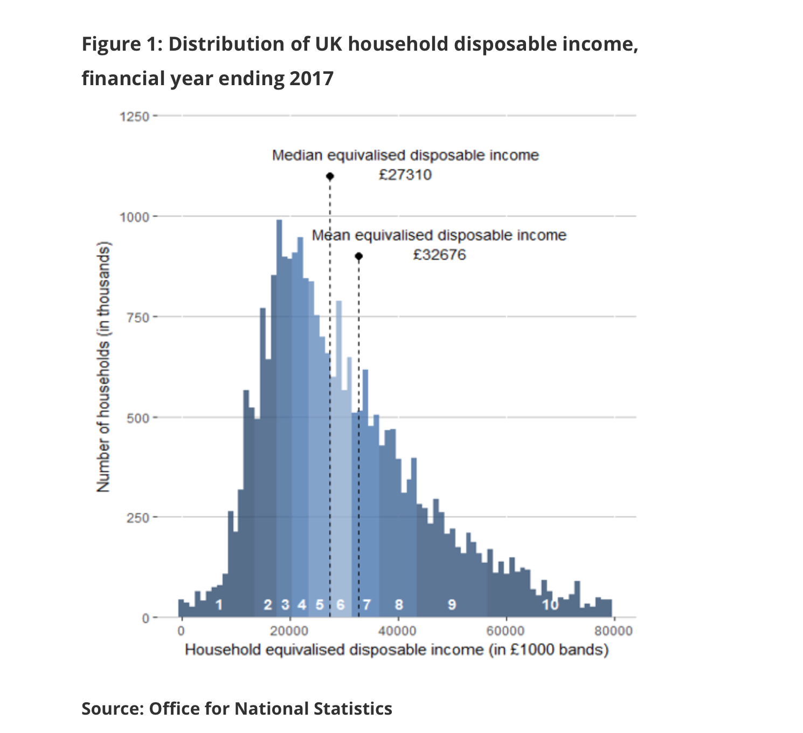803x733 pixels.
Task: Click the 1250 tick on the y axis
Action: coord(134,116)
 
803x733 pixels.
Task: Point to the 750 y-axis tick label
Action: coord(138,317)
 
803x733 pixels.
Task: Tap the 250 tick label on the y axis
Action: coord(138,518)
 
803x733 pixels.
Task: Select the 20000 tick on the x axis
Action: coord(289,631)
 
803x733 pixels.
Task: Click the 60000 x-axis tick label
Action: coord(506,631)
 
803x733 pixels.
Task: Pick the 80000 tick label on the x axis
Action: coord(613,631)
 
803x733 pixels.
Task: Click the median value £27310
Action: coord(405,175)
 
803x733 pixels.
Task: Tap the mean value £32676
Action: coord(439,254)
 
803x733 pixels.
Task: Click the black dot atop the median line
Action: coord(330,176)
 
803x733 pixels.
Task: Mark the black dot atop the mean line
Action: coord(359,256)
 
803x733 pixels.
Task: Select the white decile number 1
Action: coord(218,605)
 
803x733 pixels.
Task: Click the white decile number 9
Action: coord(452,605)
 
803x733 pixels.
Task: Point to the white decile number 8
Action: coord(399,605)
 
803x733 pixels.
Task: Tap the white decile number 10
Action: coord(550,605)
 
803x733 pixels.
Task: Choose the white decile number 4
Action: coord(302,605)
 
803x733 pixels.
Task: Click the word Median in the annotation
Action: coord(297,156)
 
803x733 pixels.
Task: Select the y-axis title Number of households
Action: coord(103,366)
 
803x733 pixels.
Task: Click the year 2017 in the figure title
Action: coord(311,79)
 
